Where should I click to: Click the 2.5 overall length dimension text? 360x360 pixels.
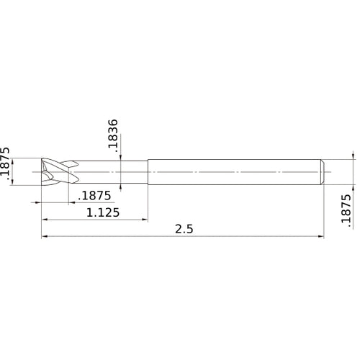point(184,229)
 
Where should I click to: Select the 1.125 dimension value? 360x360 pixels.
point(102,212)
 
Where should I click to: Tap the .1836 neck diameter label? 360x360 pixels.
point(113,135)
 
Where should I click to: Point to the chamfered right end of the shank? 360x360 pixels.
point(323,171)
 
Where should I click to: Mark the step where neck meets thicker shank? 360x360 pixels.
point(148,171)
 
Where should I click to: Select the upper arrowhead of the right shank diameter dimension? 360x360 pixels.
point(354,155)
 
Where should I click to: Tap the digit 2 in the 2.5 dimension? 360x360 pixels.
point(178,229)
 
